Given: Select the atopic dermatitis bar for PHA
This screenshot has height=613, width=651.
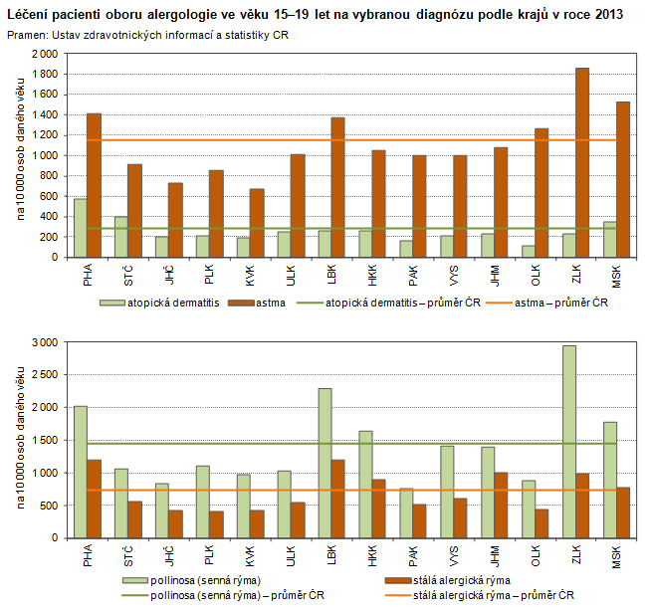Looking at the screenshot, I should click(x=80, y=228).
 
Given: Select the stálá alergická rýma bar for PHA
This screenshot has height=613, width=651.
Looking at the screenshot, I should click(x=94, y=499).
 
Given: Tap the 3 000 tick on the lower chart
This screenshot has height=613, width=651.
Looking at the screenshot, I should click(x=46, y=342).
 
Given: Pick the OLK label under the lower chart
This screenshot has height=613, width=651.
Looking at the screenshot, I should click(x=535, y=553).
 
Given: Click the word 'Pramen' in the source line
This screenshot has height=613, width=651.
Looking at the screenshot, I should click(x=26, y=35).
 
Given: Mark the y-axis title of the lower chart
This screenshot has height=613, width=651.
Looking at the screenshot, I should click(x=19, y=438).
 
